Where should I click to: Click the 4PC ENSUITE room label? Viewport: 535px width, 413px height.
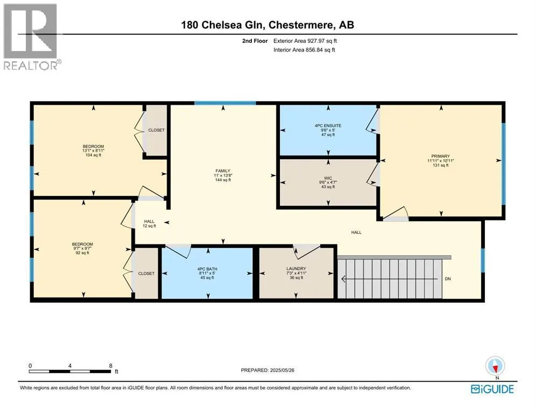pyautogui.click(x=328, y=125)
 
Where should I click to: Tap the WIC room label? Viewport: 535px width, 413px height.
pyautogui.click(x=328, y=178)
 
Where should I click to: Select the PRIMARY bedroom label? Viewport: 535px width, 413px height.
pyautogui.click(x=440, y=156)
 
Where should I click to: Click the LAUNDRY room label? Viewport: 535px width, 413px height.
pyautogui.click(x=296, y=269)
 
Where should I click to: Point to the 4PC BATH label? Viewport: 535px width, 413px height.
pyautogui.click(x=207, y=269)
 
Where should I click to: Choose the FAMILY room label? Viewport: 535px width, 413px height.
pyautogui.click(x=223, y=171)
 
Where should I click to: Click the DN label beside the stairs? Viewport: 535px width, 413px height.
pyautogui.click(x=448, y=279)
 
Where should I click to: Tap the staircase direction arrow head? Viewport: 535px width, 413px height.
pyautogui.click(x=344, y=279)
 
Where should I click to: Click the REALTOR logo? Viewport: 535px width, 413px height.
pyautogui.click(x=31, y=37)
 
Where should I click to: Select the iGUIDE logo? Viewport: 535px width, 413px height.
pyautogui.click(x=492, y=389)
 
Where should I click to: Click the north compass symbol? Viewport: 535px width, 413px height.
pyautogui.click(x=495, y=366)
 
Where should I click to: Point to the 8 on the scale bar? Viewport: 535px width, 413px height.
pyautogui.click(x=110, y=366)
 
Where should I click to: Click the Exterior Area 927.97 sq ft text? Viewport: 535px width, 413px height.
pyautogui.click(x=305, y=41)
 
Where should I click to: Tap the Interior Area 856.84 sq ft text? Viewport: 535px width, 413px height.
pyautogui.click(x=304, y=50)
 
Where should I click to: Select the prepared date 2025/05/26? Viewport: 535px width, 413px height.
pyautogui.click(x=282, y=370)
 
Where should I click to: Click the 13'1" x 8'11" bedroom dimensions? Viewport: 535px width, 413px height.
pyautogui.click(x=93, y=151)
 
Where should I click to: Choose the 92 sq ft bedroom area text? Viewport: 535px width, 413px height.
pyautogui.click(x=82, y=253)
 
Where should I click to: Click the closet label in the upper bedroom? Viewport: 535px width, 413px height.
pyautogui.click(x=156, y=130)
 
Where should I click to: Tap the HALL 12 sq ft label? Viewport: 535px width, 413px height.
pyautogui.click(x=149, y=224)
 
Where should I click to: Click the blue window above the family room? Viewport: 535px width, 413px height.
pyautogui.click(x=225, y=103)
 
